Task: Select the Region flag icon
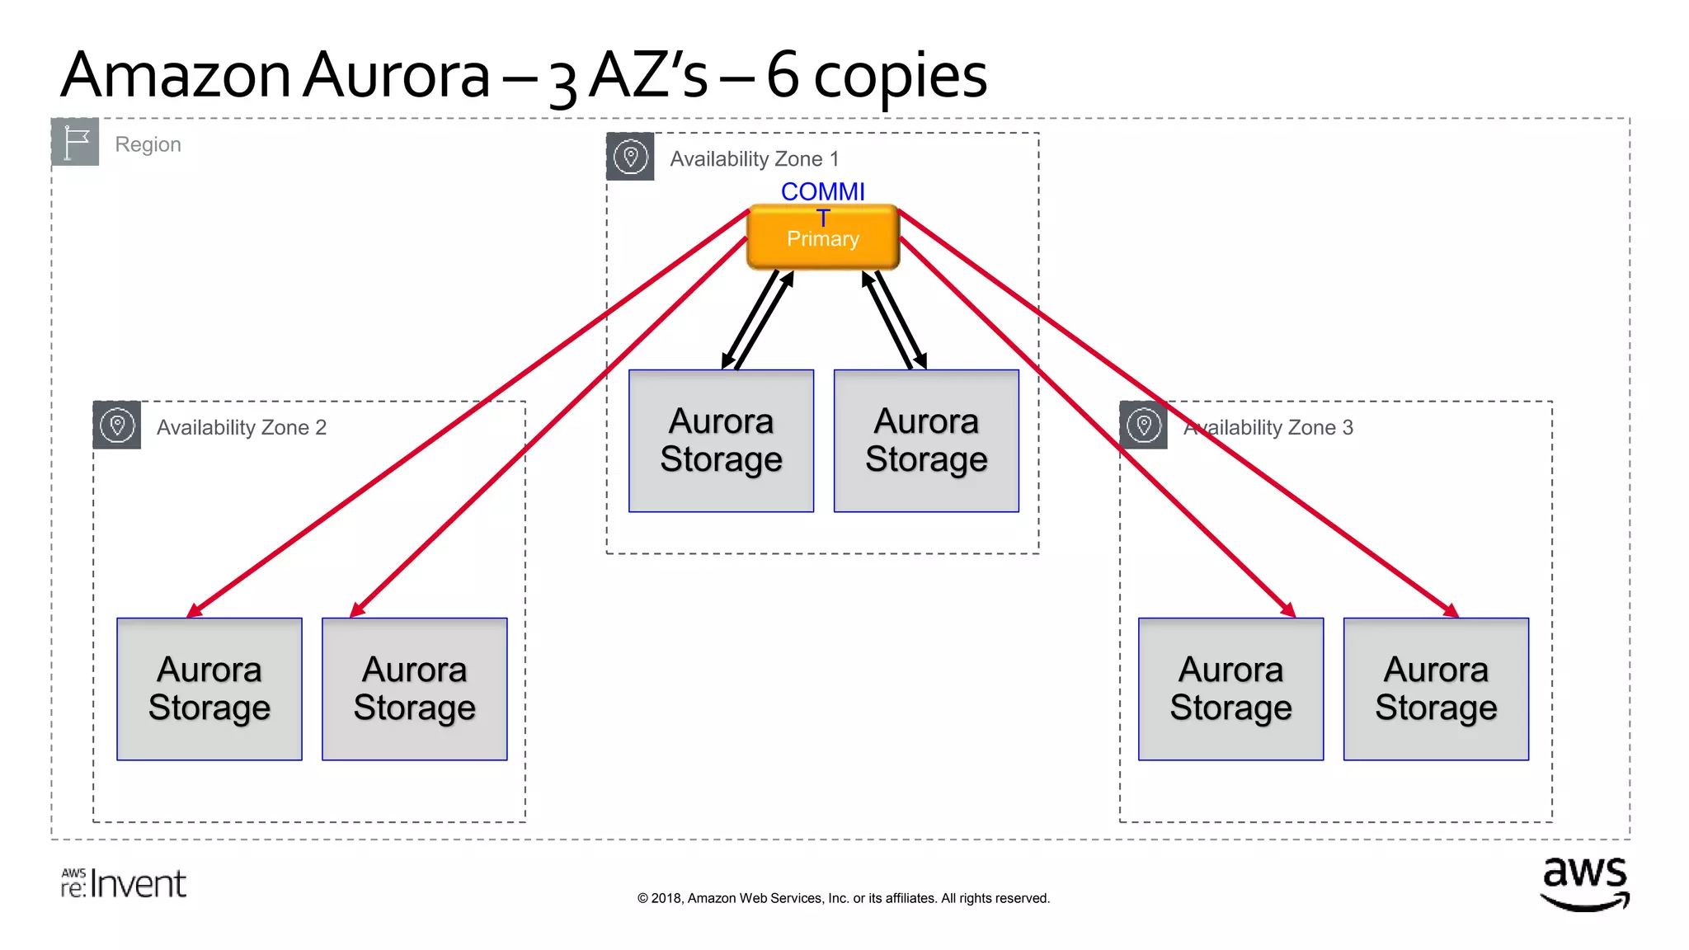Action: click(75, 142)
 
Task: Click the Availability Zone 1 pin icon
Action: click(630, 157)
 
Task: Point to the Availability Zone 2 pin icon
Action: click(116, 426)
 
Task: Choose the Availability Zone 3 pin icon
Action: click(1143, 426)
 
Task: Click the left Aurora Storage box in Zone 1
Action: click(721, 441)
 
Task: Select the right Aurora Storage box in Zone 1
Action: click(926, 441)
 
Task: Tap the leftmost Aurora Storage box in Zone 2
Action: click(209, 689)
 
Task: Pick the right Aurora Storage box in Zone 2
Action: click(414, 689)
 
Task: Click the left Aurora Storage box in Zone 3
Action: click(1230, 689)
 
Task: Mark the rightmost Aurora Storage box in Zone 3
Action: click(1436, 689)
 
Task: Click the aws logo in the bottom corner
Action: click(1584, 883)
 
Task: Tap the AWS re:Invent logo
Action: click(124, 883)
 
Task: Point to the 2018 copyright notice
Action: click(843, 898)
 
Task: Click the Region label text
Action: click(148, 144)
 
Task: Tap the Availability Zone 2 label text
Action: click(242, 427)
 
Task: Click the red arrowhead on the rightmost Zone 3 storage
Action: click(1451, 611)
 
